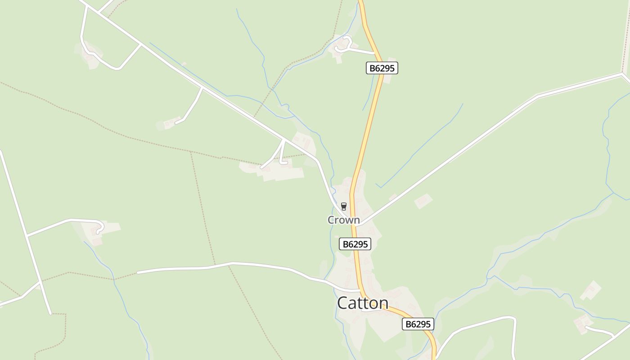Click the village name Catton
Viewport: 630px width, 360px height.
(x=363, y=303)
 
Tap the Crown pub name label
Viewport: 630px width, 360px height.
(x=343, y=220)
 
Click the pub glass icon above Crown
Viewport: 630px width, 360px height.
(x=344, y=207)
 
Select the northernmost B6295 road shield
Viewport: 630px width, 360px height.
(x=382, y=68)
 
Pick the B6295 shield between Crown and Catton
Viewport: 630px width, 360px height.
(x=355, y=244)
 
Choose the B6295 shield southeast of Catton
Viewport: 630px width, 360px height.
(x=418, y=324)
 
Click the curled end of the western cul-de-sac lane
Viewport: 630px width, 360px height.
(x=100, y=228)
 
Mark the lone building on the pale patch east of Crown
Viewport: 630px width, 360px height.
(x=423, y=201)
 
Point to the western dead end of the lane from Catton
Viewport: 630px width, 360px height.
(x=138, y=272)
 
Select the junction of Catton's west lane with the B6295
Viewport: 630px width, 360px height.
(x=360, y=291)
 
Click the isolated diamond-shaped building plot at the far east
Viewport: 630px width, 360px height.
(x=590, y=290)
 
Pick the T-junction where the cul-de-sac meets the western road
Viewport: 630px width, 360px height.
(x=27, y=235)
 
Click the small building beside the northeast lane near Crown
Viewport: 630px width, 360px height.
(x=393, y=197)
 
